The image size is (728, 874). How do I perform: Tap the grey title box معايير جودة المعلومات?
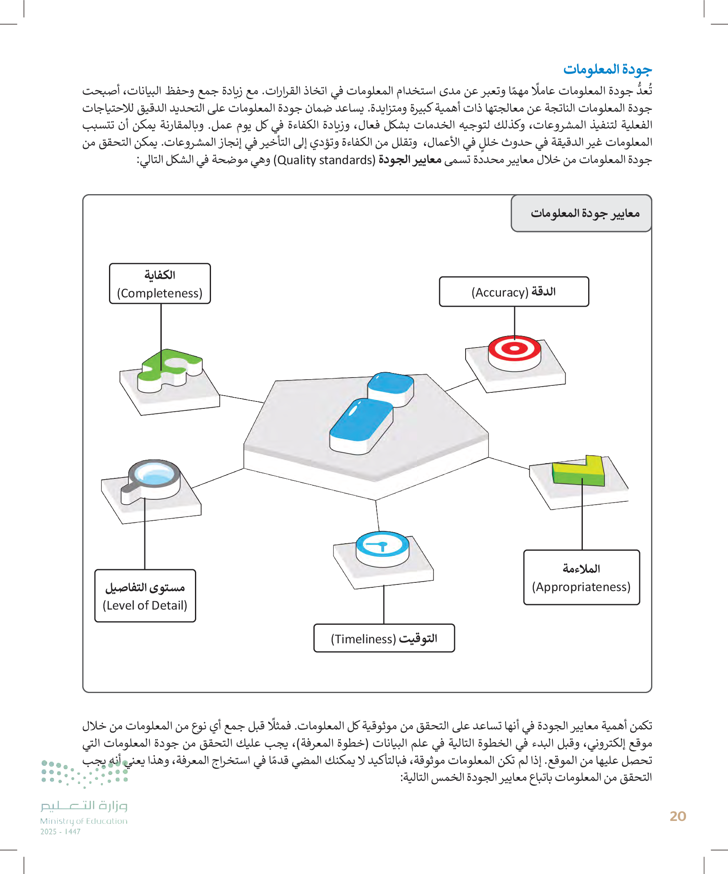[x=581, y=213]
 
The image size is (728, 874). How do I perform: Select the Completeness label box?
[x=160, y=284]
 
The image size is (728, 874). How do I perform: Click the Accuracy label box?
[x=514, y=292]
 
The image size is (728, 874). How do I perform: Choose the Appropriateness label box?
[x=581, y=577]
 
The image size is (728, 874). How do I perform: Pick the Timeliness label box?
[x=384, y=638]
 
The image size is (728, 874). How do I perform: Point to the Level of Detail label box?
[x=145, y=596]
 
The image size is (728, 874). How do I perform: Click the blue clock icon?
[x=382, y=545]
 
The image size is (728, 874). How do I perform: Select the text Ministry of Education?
[x=83, y=821]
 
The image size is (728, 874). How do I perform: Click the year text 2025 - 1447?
[x=60, y=832]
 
